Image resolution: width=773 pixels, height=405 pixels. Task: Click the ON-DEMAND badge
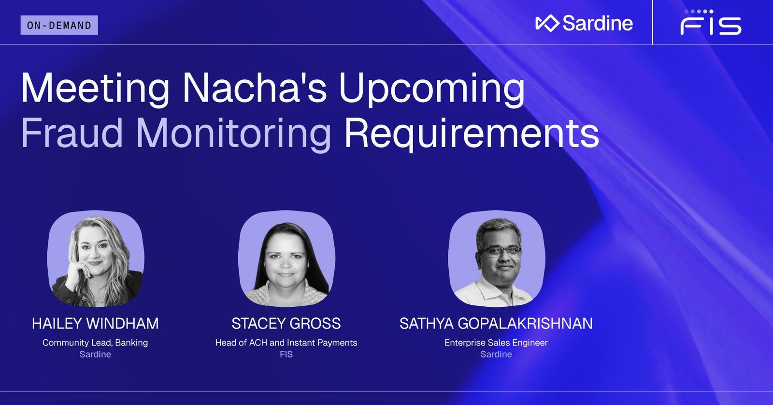pos(59,25)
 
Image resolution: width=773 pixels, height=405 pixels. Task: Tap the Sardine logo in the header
pos(584,23)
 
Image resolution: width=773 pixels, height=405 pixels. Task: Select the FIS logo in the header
pos(711,23)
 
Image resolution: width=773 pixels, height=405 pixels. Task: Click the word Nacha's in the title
pos(254,89)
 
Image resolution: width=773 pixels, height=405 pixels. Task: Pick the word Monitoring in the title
pos(234,134)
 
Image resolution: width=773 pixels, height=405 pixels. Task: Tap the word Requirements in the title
pos(471,134)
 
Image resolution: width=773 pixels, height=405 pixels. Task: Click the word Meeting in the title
pos(95,89)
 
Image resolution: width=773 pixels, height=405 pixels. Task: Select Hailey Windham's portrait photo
pos(96,258)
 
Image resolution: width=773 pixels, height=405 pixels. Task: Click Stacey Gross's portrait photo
pos(286,258)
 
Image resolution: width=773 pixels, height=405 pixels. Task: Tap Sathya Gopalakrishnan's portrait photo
pos(496,258)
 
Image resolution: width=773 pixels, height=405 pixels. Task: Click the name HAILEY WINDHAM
pos(95,323)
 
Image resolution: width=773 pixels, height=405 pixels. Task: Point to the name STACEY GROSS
pos(286,323)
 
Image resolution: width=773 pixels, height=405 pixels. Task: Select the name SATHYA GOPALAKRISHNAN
pos(496,323)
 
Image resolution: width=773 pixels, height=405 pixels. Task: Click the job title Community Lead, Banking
pos(95,343)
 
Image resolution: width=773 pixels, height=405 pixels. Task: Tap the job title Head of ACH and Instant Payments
pos(286,343)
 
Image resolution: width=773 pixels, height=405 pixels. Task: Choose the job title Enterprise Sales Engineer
pos(496,343)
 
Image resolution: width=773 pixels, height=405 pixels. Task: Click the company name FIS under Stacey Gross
pos(286,354)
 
